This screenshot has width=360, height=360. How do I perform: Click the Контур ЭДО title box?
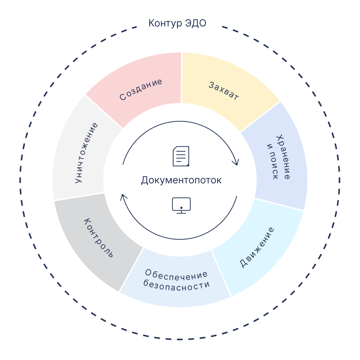[x=179, y=24]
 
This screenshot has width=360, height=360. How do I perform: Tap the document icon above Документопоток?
[x=181, y=156]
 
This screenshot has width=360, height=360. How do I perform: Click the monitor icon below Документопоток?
[x=181, y=205]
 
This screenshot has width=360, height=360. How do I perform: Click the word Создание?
[x=141, y=89]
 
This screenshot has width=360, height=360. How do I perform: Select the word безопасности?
[x=176, y=285]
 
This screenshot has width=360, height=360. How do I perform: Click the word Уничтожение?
[x=86, y=153]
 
